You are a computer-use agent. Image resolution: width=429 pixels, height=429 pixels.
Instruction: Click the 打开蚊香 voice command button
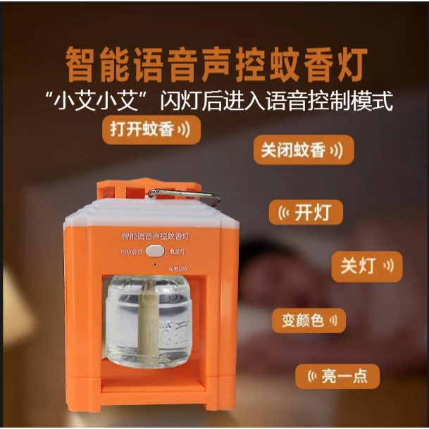(x=151, y=130)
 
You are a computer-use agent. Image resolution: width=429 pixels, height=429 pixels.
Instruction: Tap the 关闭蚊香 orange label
(x=304, y=150)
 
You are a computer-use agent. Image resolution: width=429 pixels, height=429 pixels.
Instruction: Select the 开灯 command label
(x=306, y=211)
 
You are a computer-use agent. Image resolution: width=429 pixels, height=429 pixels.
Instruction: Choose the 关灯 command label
(x=367, y=266)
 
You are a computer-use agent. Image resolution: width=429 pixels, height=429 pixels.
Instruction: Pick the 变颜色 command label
(x=309, y=320)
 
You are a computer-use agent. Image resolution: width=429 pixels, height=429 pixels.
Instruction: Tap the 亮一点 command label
(x=336, y=377)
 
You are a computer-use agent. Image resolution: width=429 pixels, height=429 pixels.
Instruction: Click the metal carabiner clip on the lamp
(x=185, y=196)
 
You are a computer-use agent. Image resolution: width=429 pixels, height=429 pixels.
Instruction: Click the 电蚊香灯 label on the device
(x=132, y=251)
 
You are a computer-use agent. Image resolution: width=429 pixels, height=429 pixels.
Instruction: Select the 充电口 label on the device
(x=177, y=268)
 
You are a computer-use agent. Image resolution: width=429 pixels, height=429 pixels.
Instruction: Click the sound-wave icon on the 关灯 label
(x=388, y=266)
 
